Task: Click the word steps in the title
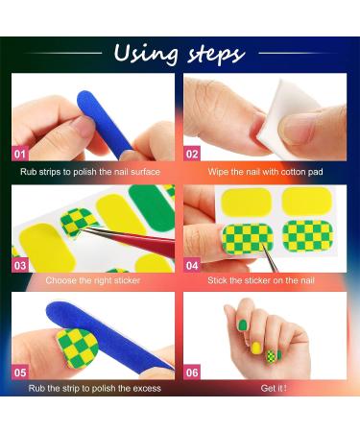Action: pyautogui.click(x=210, y=54)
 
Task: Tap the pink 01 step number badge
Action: pyautogui.click(x=20, y=152)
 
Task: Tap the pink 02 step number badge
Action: pyautogui.click(x=193, y=152)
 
